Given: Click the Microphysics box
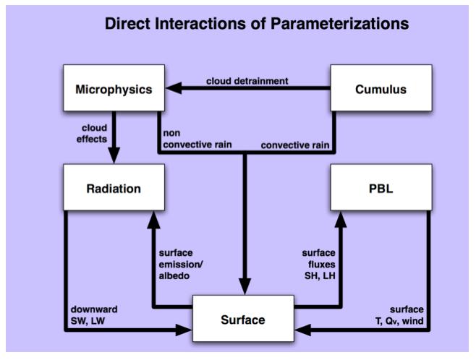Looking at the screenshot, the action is pos(114,88).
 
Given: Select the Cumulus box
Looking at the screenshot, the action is pos(381,88).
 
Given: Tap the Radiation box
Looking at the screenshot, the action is pos(114,187).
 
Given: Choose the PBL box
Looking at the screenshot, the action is pos(381,187).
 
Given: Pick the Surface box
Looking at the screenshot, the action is pos(243,319).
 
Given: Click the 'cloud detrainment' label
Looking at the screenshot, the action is pos(247,81).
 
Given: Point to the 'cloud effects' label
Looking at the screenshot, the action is pos(92,134).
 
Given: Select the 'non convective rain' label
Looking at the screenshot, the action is pos(197,139).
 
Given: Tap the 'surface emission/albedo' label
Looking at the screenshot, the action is pos(181,264).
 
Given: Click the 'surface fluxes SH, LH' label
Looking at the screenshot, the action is pos(319,264).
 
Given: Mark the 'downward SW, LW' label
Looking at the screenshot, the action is pos(94,315).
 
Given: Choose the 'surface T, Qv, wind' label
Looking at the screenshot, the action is pos(399,315).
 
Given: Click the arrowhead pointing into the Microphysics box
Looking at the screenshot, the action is pos(174,88).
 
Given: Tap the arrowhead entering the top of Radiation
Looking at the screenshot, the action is pos(114,155).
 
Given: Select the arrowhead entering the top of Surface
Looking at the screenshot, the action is pos(245,286).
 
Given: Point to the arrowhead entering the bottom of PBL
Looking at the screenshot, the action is pos(341,219).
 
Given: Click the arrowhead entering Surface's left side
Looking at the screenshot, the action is pos(184,330).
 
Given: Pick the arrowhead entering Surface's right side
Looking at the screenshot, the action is pos(302,330).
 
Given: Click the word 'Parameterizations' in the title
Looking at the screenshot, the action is pos(340,24).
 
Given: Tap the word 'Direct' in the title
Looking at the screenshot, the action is pos(128,24).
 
